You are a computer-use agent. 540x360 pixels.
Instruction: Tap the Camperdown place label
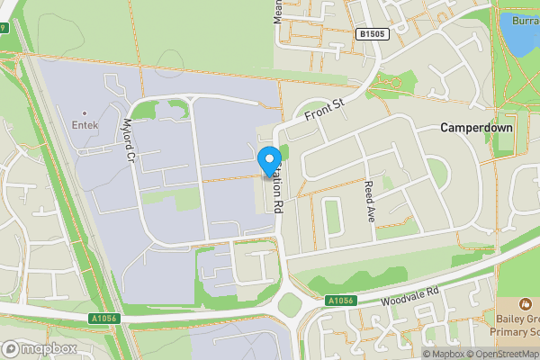coord(476,128)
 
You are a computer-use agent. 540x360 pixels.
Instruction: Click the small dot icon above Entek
coord(85,113)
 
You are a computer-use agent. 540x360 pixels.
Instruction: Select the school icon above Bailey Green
coord(526,306)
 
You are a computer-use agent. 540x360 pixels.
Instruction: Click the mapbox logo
coord(40,348)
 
